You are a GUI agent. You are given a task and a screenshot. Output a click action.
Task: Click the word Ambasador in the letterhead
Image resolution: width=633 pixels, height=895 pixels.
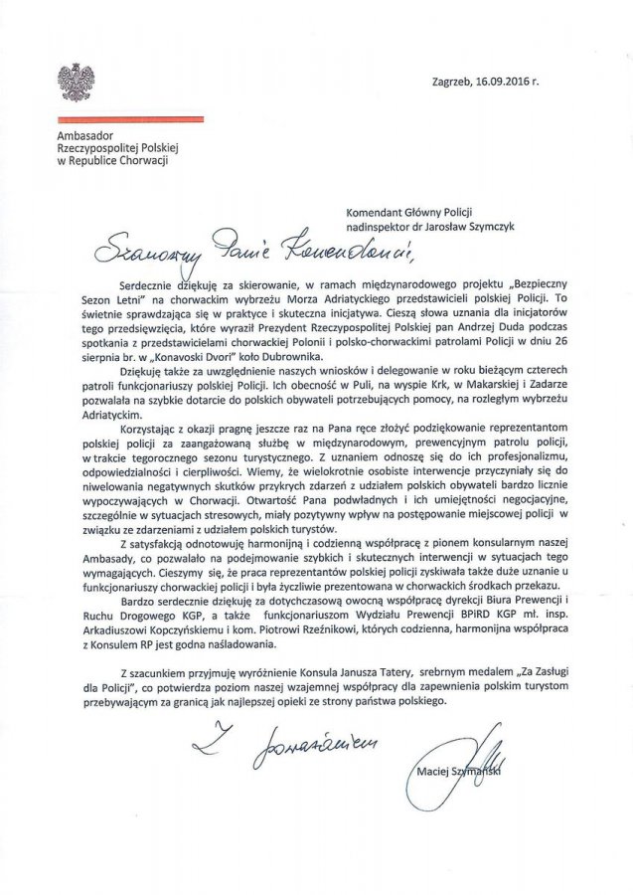[86, 134]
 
